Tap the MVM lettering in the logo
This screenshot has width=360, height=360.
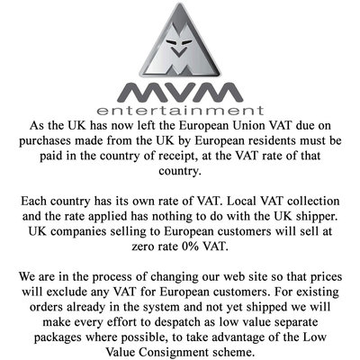180,92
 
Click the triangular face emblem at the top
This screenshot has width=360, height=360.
180,40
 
